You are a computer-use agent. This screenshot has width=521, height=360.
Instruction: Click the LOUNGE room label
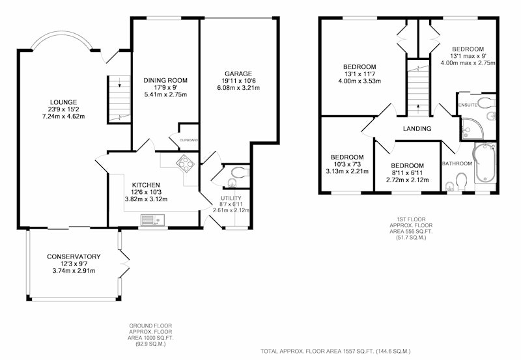coord(63,102)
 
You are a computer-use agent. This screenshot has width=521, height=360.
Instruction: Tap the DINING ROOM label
coord(165,80)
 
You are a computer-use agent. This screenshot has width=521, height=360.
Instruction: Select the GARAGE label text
coord(238,74)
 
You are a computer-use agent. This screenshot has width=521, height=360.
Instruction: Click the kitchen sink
coord(152,220)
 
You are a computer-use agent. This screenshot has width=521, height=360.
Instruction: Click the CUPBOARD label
coord(189,140)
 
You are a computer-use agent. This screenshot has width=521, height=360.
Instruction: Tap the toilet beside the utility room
coord(239,173)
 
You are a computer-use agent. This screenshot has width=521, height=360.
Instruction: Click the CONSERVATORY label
coord(74,256)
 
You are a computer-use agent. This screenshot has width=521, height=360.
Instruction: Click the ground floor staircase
coord(119,99)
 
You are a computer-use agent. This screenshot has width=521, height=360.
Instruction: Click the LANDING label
coord(417,128)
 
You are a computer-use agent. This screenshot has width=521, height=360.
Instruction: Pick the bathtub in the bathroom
coord(485,163)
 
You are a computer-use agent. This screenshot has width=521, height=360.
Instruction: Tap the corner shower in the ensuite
coord(472,128)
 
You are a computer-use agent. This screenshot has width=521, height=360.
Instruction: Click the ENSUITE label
coord(468,105)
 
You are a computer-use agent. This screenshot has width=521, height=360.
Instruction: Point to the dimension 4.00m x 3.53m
coord(360,81)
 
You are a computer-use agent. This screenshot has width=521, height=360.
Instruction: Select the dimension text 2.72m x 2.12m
coord(408,180)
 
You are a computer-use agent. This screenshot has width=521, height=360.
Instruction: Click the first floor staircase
coord(418,88)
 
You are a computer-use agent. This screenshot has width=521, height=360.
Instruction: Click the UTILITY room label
coord(231,199)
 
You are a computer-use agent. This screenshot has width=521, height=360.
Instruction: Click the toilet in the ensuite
coord(486,102)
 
